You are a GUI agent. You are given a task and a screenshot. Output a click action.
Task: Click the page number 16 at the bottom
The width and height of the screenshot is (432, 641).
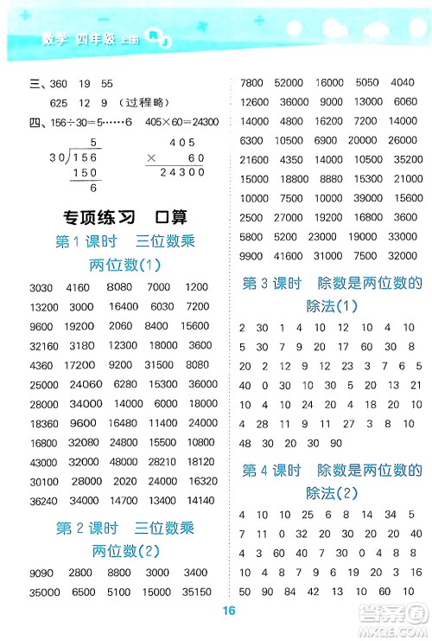pyautogui.click(x=228, y=610)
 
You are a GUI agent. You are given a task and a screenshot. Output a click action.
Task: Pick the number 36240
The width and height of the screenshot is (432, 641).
pyautogui.click(x=45, y=499)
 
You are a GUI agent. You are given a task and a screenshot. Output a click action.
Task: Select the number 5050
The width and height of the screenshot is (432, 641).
pyautogui.click(x=367, y=82)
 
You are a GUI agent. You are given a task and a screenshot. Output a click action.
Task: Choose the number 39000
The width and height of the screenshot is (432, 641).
pyautogui.click(x=367, y=197)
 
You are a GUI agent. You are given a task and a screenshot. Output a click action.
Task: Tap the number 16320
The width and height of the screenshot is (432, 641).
pyautogui.click(x=202, y=480)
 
